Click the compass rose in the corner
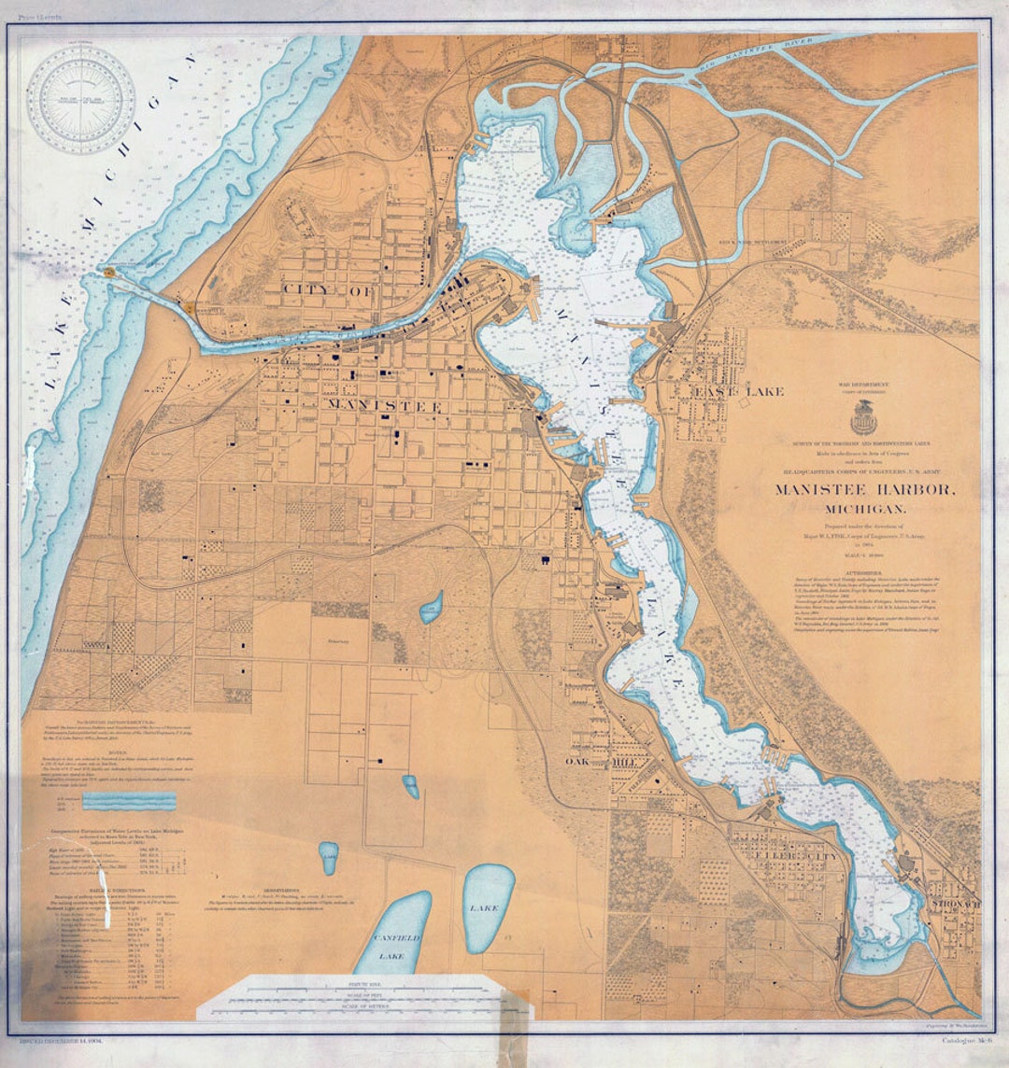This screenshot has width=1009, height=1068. (x=81, y=99)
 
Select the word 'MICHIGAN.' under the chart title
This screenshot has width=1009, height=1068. (x=864, y=509)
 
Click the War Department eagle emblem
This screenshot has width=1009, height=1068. (x=863, y=419)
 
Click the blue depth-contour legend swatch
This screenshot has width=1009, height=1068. (x=128, y=802)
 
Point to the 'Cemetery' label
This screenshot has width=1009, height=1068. (x=349, y=642)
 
